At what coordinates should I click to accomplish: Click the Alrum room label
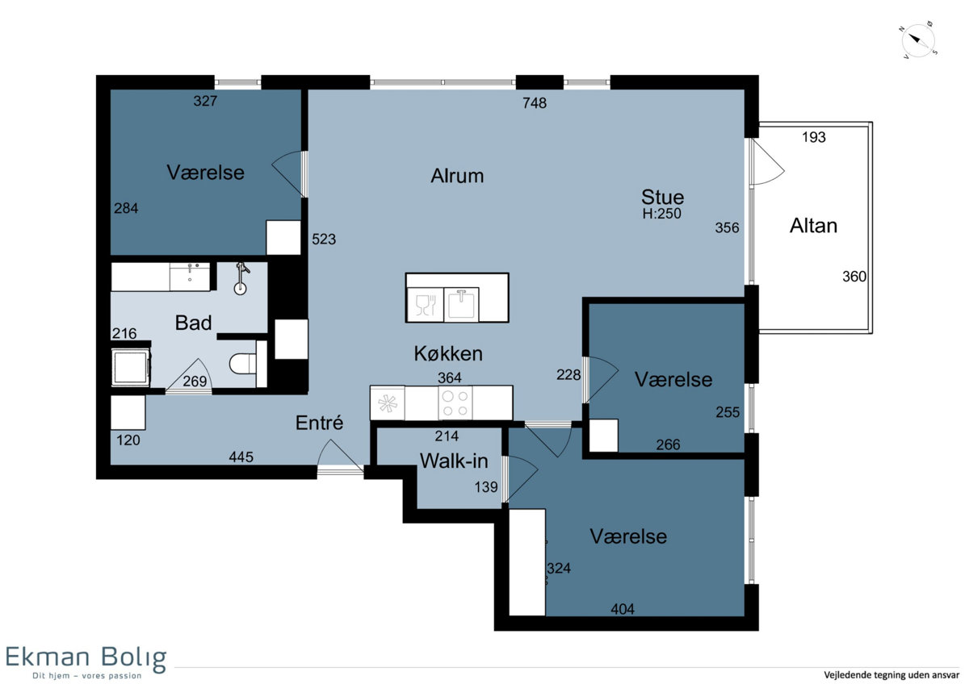(x=457, y=176)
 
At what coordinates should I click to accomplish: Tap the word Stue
(x=662, y=197)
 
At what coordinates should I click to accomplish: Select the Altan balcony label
(x=813, y=226)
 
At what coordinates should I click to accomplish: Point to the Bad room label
(x=193, y=323)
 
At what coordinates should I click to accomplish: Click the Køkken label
(x=448, y=353)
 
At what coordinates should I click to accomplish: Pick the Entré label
(x=319, y=423)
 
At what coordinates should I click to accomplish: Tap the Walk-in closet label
(x=454, y=461)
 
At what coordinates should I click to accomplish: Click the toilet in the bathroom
(x=243, y=364)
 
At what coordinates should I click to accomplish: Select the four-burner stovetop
(x=455, y=403)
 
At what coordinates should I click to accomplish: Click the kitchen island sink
(x=461, y=305)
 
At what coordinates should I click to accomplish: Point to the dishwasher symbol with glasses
(x=426, y=305)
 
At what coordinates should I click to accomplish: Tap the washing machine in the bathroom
(x=131, y=367)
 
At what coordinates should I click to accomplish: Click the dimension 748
(x=535, y=102)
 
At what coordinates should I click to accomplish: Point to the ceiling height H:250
(x=662, y=214)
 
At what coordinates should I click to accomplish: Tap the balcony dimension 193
(x=814, y=137)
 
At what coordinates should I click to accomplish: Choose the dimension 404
(x=623, y=609)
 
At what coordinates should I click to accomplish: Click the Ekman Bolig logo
(x=86, y=661)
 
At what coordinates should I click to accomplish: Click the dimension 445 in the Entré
(x=241, y=457)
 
